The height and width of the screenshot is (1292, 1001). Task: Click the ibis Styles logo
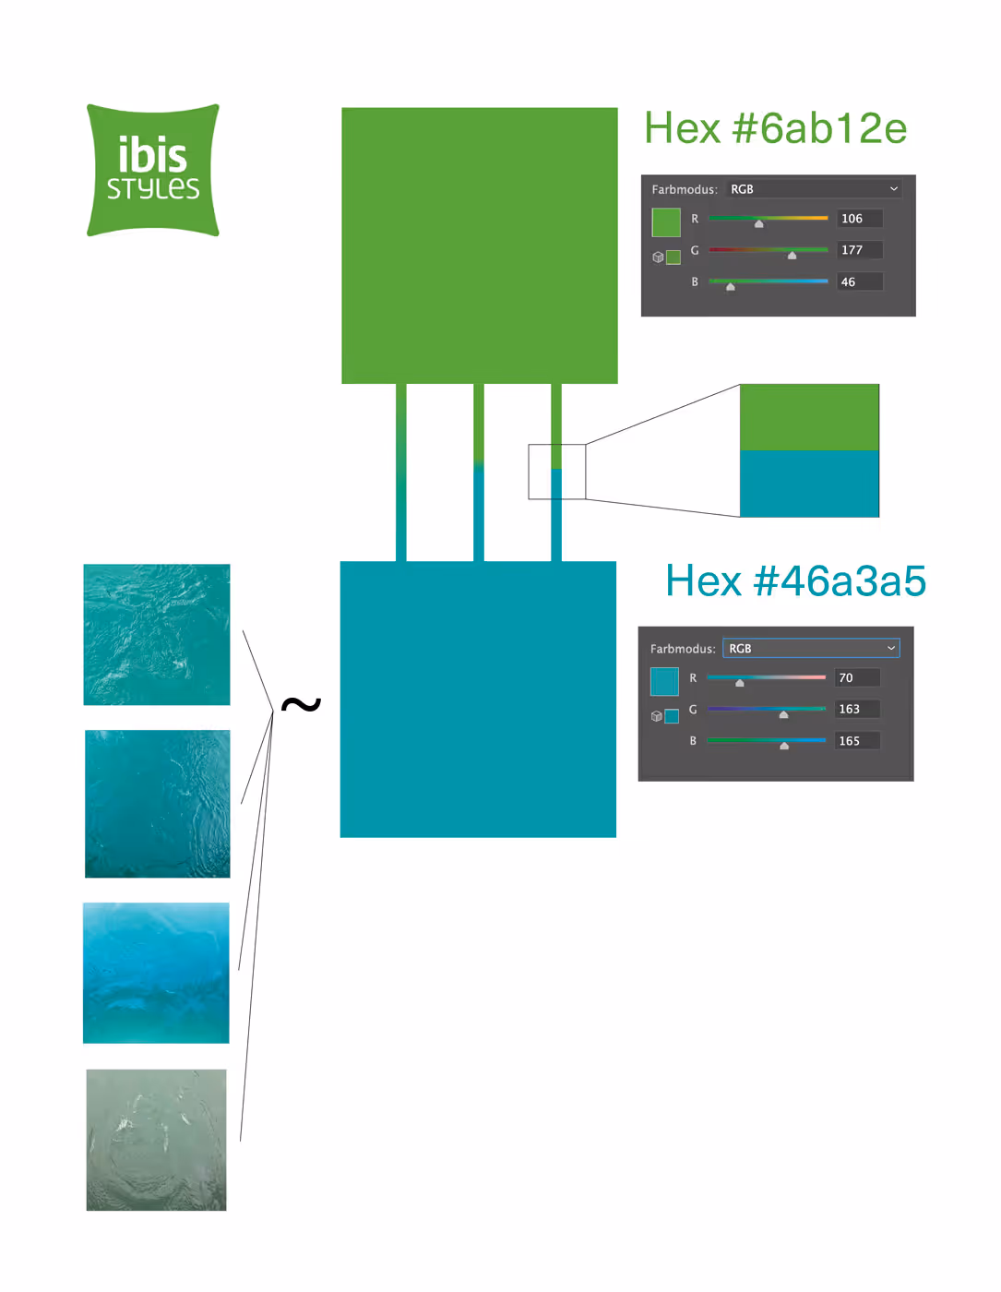[x=153, y=171]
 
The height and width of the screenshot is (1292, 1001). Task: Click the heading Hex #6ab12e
[x=775, y=128]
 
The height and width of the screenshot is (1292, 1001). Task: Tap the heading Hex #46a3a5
[x=795, y=581]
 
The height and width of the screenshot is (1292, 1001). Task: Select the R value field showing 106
[x=860, y=219]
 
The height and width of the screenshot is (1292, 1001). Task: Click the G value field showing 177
[x=860, y=250]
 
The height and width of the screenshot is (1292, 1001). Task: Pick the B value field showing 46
[x=860, y=281]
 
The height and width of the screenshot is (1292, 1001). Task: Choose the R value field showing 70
[x=857, y=678]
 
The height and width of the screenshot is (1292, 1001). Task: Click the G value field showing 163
[x=857, y=710]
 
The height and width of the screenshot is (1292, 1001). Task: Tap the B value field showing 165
[x=857, y=741]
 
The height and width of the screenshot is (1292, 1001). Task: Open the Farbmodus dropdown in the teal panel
[x=811, y=649]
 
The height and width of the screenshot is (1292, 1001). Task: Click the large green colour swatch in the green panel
[x=666, y=222]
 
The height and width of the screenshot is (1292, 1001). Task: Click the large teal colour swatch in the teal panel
[x=664, y=681]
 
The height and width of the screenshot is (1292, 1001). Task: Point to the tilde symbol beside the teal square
[x=301, y=705]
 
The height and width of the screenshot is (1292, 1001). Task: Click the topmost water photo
[x=157, y=635]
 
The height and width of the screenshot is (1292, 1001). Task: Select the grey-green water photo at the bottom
[x=157, y=1140]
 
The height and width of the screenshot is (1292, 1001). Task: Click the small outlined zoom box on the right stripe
[x=557, y=472]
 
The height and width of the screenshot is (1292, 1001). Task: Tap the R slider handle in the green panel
[x=759, y=223]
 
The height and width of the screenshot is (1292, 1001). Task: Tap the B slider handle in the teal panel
[x=784, y=746]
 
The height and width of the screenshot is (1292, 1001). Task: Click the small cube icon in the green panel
[x=658, y=257]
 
